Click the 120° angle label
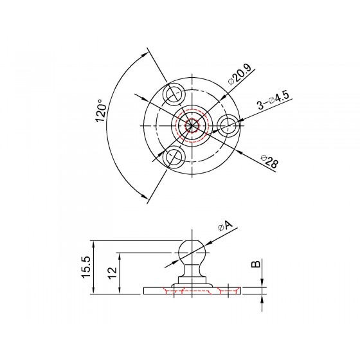tap(101, 111)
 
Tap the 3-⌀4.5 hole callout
tap(273, 100)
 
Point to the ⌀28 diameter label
tap(269, 161)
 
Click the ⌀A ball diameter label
tap(225, 226)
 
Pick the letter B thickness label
tap(256, 264)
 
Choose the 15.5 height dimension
tap(87, 267)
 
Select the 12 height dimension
tap(113, 273)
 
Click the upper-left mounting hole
tap(174, 93)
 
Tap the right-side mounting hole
tap(228, 125)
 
